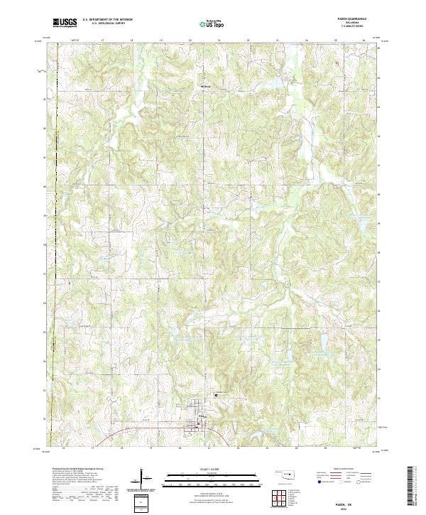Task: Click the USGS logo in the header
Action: pos(65,23)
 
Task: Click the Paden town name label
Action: pos(204,416)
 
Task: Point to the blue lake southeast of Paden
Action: pos(244,431)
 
